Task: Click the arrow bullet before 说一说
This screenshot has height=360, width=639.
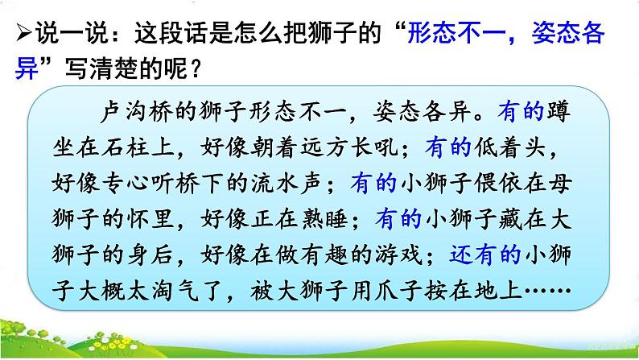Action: click(x=19, y=35)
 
